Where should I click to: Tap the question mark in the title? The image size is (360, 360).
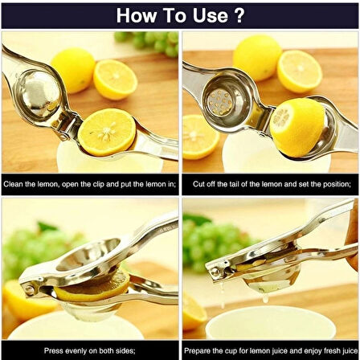(x=239, y=15)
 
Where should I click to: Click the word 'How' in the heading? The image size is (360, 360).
(x=137, y=15)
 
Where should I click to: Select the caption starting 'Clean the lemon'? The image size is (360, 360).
(x=89, y=183)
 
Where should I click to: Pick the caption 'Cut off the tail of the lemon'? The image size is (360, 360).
(x=270, y=183)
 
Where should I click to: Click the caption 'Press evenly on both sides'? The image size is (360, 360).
(x=89, y=350)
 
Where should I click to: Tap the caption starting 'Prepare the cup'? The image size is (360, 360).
(x=270, y=350)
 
